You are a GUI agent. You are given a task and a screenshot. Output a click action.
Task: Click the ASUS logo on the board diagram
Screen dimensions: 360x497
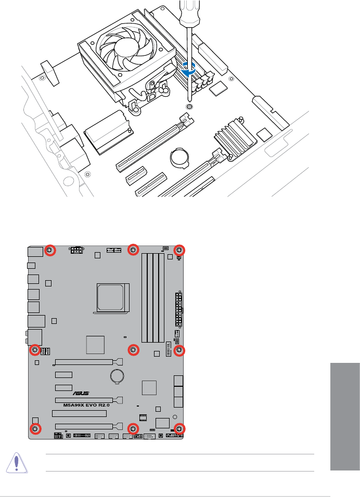(x=81, y=393)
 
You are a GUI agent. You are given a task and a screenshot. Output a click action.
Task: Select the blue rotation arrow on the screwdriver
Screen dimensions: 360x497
(x=189, y=69)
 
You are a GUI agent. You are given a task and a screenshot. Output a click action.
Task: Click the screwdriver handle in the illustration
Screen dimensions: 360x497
(x=190, y=12)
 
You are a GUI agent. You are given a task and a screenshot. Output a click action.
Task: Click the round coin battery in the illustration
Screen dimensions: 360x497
(x=179, y=157)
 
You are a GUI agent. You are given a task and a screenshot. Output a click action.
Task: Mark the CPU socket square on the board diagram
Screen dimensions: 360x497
(x=110, y=297)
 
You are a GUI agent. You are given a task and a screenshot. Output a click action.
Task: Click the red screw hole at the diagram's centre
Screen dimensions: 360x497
(x=134, y=350)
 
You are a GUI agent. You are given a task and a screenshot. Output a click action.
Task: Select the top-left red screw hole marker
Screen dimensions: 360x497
(x=50, y=251)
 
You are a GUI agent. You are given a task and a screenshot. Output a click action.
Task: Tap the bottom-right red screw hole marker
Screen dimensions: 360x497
(x=179, y=429)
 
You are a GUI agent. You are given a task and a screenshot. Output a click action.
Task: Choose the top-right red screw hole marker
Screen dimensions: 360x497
(x=179, y=251)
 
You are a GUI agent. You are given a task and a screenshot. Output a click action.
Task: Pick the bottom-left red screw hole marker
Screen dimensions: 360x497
(x=35, y=429)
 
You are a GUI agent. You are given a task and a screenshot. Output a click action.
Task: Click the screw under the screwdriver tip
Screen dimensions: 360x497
(x=189, y=107)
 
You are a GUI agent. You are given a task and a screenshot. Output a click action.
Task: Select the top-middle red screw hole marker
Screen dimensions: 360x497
(x=134, y=250)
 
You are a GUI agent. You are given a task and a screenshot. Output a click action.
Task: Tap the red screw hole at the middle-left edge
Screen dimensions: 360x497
(x=35, y=350)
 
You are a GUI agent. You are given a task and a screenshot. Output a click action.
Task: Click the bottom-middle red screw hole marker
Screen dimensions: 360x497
(x=134, y=429)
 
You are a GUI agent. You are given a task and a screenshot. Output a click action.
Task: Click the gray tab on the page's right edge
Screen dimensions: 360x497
(x=345, y=416)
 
